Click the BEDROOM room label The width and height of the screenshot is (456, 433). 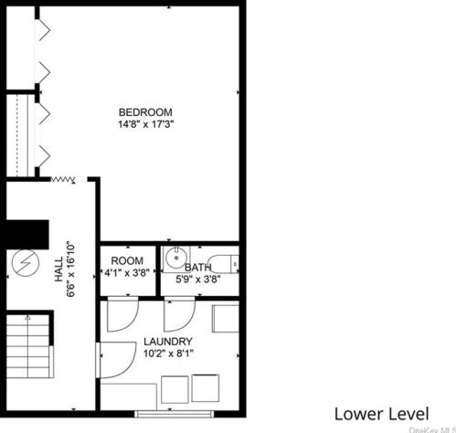tap(145, 112)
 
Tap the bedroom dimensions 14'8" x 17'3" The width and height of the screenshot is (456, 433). tap(146, 124)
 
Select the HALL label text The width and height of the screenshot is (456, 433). tap(58, 269)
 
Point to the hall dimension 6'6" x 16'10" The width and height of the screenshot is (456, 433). tap(70, 269)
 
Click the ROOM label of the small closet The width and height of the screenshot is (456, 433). tap(127, 260)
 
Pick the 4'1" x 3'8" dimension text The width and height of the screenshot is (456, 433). tap(127, 272)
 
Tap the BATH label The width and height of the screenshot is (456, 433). tap(198, 268)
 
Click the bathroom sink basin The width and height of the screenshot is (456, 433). tap(176, 259)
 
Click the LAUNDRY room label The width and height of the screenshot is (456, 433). tap(168, 342)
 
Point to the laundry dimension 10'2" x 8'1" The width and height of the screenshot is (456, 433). tap(168, 354)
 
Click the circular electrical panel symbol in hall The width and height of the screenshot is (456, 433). tap(26, 263)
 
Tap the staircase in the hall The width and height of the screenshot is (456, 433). tap(27, 347)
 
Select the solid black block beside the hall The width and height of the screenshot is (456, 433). tap(25, 235)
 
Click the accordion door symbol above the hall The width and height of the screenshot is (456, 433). tap(63, 180)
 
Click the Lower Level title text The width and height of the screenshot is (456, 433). tap(382, 414)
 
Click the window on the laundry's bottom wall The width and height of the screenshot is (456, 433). tap(175, 414)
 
